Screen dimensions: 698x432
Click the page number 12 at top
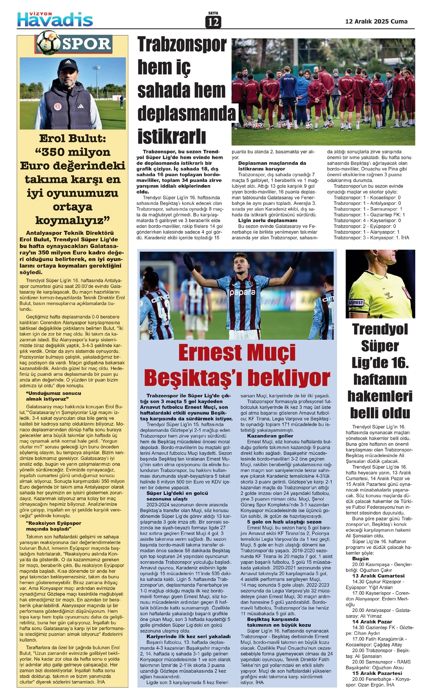click(x=213, y=22)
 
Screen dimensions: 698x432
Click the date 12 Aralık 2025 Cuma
click(x=376, y=21)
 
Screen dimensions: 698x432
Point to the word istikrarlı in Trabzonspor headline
click(x=172, y=137)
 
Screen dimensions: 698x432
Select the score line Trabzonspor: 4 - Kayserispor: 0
click(x=367, y=220)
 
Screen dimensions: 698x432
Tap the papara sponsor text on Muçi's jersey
click(x=242, y=292)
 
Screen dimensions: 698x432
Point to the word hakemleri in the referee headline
click(x=380, y=396)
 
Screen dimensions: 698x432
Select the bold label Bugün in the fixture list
click(x=360, y=559)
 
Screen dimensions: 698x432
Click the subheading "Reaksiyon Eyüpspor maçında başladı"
click(x=49, y=526)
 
